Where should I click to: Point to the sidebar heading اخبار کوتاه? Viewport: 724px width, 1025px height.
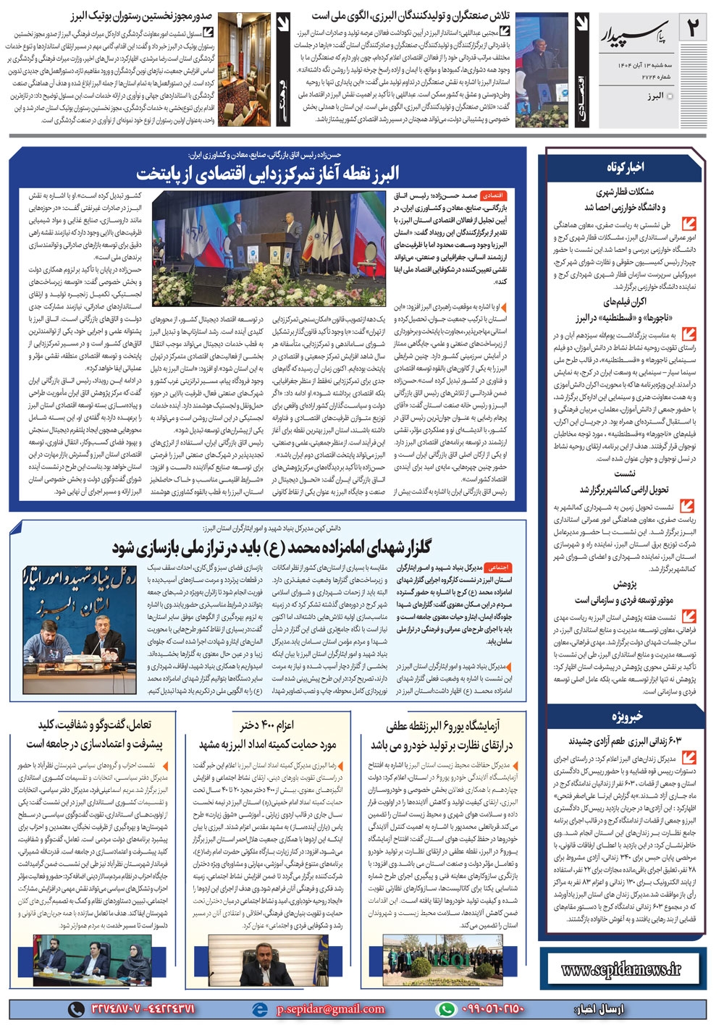pyautogui.click(x=626, y=167)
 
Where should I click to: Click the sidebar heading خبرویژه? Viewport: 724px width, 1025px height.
pyautogui.click(x=626, y=717)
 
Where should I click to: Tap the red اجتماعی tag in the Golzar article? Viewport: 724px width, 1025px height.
pyautogui.click(x=495, y=568)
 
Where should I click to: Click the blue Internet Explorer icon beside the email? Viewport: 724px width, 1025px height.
pyautogui.click(x=258, y=1009)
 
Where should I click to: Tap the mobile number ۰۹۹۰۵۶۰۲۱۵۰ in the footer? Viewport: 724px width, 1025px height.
pyautogui.click(x=492, y=1009)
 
